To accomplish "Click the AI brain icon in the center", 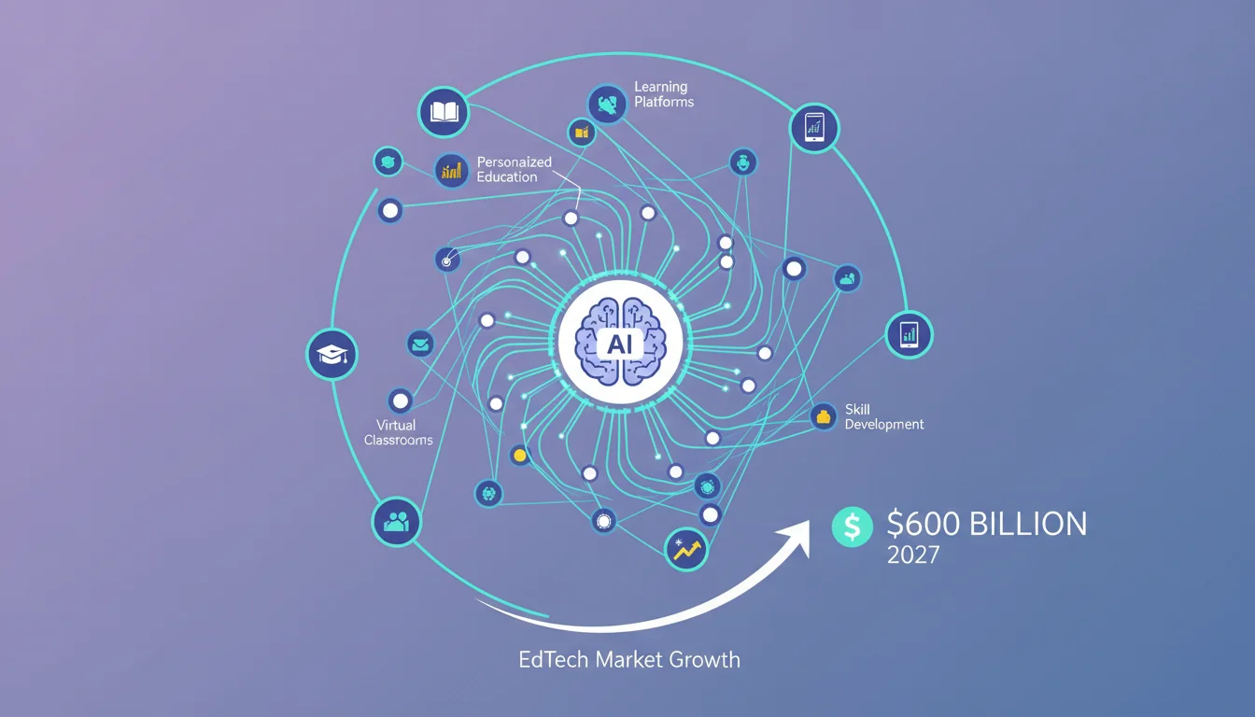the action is coord(620,342).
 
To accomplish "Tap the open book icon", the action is coord(444,112).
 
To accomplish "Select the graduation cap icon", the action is coord(331,355).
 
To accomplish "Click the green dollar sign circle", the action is coord(853,527).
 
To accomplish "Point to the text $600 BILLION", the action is coord(987,525).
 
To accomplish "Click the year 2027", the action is coord(913,555).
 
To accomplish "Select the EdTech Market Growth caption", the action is coord(629,660).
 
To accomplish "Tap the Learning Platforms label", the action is coord(664,94).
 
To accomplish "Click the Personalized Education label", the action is coord(515,169).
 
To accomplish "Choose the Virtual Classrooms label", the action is coord(399,432).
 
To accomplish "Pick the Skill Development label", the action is coord(884,416).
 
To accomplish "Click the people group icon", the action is coord(396,522).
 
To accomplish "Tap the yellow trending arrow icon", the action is coord(686,550).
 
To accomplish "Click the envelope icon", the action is coord(420,344).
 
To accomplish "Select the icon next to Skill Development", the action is coord(823,416).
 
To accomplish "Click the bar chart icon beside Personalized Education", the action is coord(452,170).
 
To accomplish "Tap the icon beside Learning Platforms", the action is coord(607,105).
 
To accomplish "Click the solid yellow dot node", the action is coord(520,456).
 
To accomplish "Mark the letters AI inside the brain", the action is coord(620,344).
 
